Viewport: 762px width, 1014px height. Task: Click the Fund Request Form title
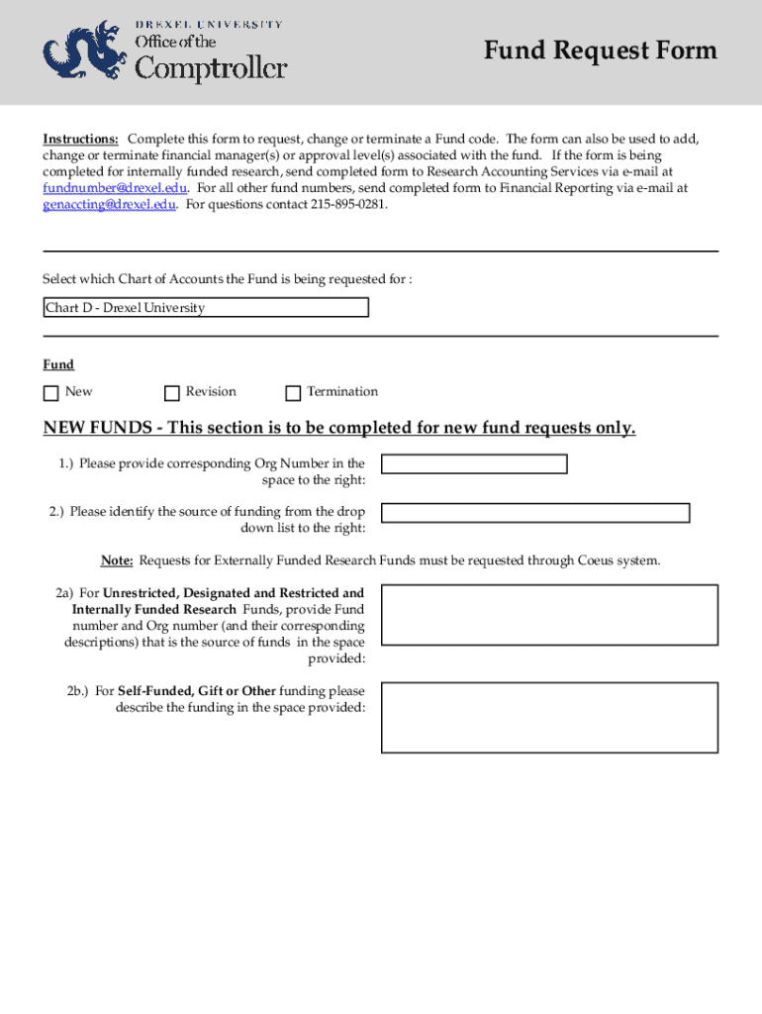[x=600, y=51]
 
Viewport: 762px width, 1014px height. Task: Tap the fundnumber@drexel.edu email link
[x=115, y=188]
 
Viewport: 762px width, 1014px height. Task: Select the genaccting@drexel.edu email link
[x=109, y=205]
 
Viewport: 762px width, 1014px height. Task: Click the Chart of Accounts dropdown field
[x=206, y=308]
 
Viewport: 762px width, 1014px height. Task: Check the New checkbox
[x=50, y=393]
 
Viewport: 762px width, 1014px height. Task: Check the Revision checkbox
[x=172, y=393]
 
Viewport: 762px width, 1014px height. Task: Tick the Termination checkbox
[x=293, y=393]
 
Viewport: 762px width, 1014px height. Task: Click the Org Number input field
[x=474, y=464]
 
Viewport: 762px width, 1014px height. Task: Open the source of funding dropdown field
[x=535, y=513]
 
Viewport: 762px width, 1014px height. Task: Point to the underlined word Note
[x=117, y=561]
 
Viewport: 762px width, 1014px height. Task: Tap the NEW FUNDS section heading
[x=338, y=428]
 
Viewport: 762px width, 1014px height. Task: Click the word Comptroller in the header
[x=210, y=68]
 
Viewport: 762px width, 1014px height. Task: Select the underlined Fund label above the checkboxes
[x=57, y=365]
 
